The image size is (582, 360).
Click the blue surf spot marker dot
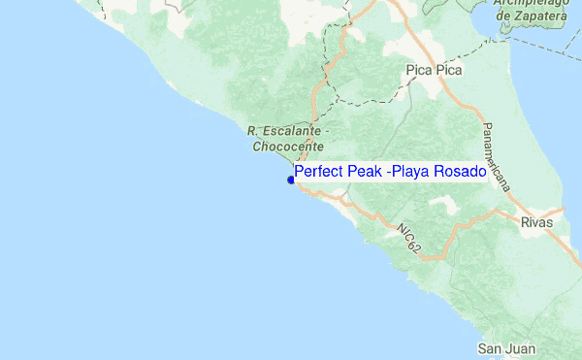tap(291, 180)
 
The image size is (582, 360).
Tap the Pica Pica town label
tap(434, 71)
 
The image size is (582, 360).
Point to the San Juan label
tap(504, 348)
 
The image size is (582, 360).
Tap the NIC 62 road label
tap(408, 239)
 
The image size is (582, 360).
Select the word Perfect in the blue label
tap(317, 172)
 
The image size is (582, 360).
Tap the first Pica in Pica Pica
tap(419, 71)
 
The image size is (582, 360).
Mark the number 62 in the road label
tap(416, 246)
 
